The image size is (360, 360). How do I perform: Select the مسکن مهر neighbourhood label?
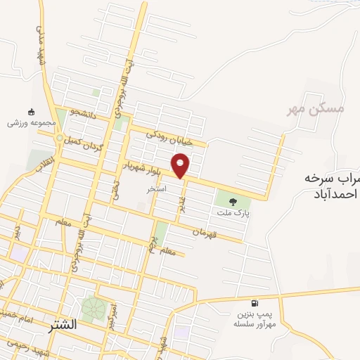tap(317, 109)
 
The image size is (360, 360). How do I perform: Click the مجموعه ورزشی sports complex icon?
tap(30, 111)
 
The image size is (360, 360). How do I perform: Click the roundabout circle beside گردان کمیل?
tap(60, 137)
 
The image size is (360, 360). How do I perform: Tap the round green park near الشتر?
tap(92, 307)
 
